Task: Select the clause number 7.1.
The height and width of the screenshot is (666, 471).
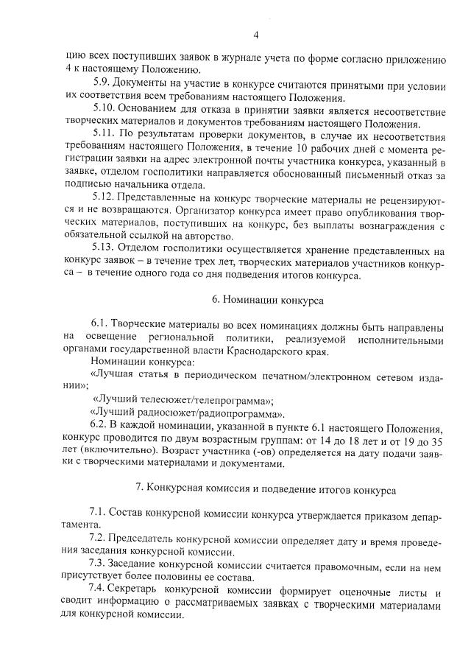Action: coord(98,513)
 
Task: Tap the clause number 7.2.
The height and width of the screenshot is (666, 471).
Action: coord(98,540)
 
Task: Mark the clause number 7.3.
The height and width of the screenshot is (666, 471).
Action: coord(98,565)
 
